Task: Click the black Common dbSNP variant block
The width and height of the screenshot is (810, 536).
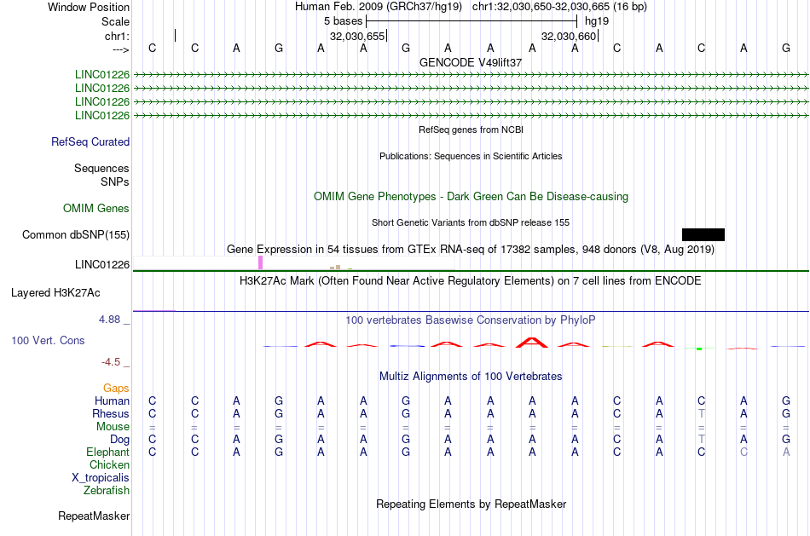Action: tap(703, 234)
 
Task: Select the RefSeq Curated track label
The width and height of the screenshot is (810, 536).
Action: tap(90, 142)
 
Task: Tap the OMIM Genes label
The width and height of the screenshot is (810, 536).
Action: tap(96, 209)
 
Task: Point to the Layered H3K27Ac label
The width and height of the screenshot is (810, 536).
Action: tap(55, 293)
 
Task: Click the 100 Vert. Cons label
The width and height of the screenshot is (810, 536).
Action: tap(49, 341)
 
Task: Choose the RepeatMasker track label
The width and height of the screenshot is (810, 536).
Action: tap(94, 516)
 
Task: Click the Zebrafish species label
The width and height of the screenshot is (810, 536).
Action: tap(107, 491)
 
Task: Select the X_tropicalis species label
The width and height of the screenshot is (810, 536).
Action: tap(101, 478)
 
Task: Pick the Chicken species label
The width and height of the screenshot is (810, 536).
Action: tap(109, 465)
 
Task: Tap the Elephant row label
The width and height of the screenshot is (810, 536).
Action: tap(107, 452)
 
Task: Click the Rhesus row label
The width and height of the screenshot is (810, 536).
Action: tap(111, 414)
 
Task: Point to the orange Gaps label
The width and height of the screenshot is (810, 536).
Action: tap(116, 389)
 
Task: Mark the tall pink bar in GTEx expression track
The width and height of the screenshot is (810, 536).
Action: tap(260, 262)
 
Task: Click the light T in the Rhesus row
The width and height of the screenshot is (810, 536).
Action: tap(701, 414)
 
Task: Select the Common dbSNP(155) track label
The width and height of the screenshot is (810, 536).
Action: tap(76, 235)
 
